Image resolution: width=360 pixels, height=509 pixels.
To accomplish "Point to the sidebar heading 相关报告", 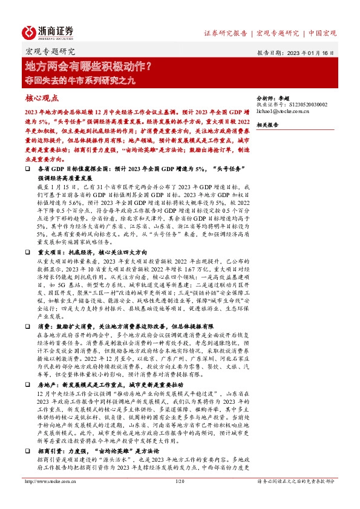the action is (267, 125).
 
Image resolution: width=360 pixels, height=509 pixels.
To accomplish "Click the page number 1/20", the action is (179, 498).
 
